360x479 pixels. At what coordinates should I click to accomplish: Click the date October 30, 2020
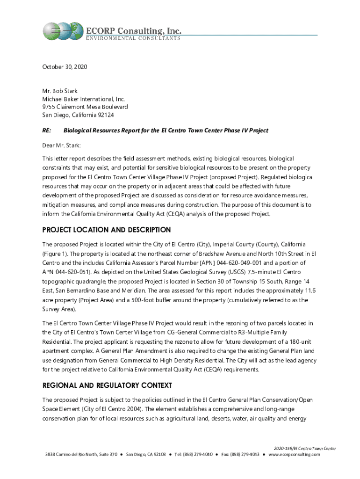tap(65, 67)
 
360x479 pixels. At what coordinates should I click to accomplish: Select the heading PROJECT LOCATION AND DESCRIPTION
tap(107, 230)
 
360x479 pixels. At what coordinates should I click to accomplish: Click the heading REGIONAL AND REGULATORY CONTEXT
tap(107, 386)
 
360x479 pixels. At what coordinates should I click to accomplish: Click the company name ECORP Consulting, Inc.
tap(133, 30)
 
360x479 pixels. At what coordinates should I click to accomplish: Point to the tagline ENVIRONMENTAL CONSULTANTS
tap(133, 38)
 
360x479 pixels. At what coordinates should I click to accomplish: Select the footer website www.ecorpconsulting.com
tap(295, 454)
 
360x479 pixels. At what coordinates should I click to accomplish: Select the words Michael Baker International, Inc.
tap(84, 99)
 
